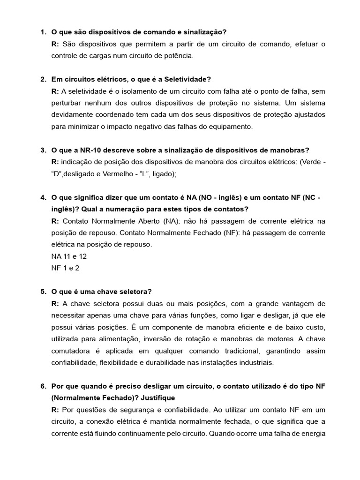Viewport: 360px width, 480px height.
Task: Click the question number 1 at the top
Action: coord(43,32)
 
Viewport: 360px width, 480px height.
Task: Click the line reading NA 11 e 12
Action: coord(69,256)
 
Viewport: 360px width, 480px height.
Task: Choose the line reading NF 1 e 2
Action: coord(66,268)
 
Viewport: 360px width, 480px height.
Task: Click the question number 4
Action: coord(43,197)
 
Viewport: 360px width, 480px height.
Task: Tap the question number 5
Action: coord(43,292)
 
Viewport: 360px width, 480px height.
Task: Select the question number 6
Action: coord(43,386)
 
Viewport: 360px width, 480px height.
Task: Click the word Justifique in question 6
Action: coord(156,398)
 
